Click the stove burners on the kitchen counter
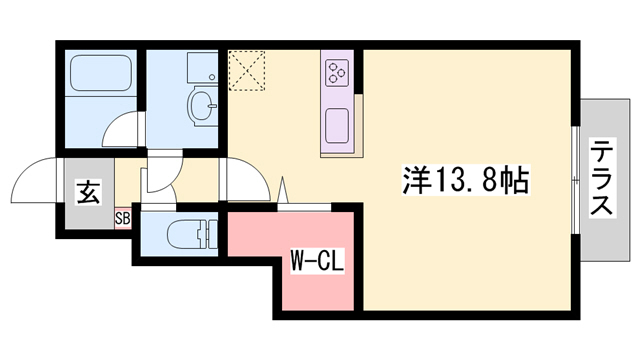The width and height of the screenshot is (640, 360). click(x=336, y=71)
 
